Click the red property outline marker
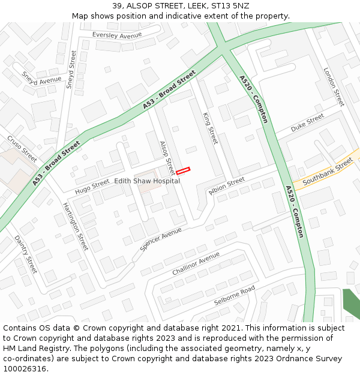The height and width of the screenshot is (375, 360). (183, 171)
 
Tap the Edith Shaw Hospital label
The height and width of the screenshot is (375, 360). (147, 181)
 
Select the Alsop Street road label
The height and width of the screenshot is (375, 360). (167, 158)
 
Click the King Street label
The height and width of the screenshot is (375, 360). (210, 128)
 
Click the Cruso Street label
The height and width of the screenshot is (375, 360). (22, 149)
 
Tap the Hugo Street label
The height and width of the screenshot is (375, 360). (92, 187)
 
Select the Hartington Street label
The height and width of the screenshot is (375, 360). (76, 226)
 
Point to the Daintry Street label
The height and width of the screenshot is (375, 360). (26, 254)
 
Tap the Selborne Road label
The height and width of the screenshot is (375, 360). (235, 296)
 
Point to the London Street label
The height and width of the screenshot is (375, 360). (334, 86)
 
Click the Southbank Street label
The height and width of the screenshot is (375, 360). (328, 172)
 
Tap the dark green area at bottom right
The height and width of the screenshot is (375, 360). (351, 304)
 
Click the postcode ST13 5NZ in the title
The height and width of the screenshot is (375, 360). (231, 6)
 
